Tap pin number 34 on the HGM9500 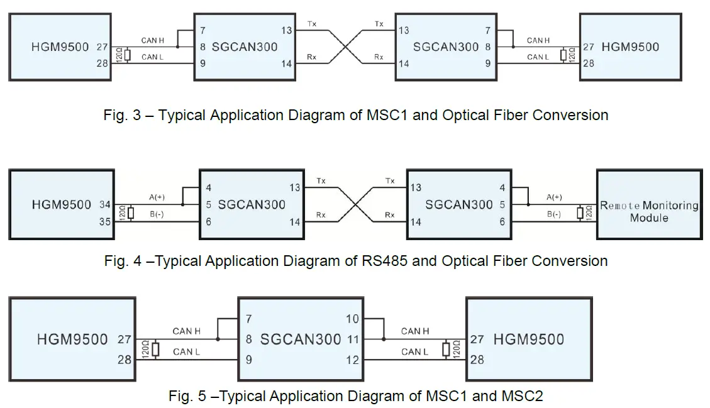click(105, 204)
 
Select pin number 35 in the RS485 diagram click(105, 221)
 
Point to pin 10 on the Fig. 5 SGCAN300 click(352, 319)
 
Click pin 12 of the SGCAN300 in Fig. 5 click(352, 360)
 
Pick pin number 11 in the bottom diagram click(352, 339)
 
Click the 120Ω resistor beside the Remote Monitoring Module click(580, 212)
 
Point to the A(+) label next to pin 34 click(157, 197)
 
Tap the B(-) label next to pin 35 click(157, 214)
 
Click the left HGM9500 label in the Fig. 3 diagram click(60, 47)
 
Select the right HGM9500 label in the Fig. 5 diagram click(528, 339)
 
